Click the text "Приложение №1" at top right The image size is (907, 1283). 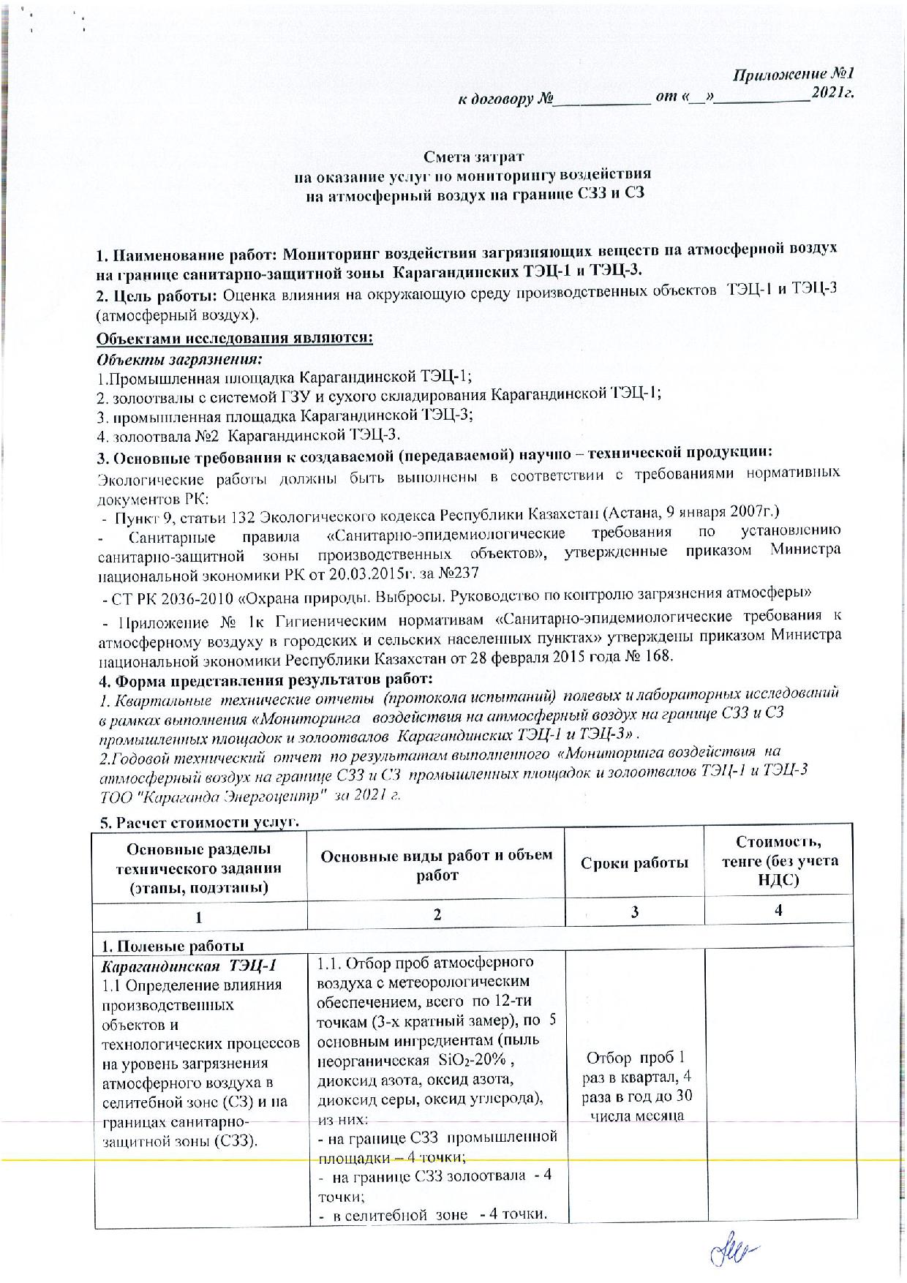pos(793,75)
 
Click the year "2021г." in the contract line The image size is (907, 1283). pos(832,94)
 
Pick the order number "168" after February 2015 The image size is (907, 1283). pos(656,655)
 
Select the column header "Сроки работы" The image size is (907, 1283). pos(634,863)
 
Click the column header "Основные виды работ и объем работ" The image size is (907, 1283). pos(437,864)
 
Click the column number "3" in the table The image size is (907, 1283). pos(634,911)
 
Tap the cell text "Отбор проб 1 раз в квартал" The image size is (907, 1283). pos(634,1068)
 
